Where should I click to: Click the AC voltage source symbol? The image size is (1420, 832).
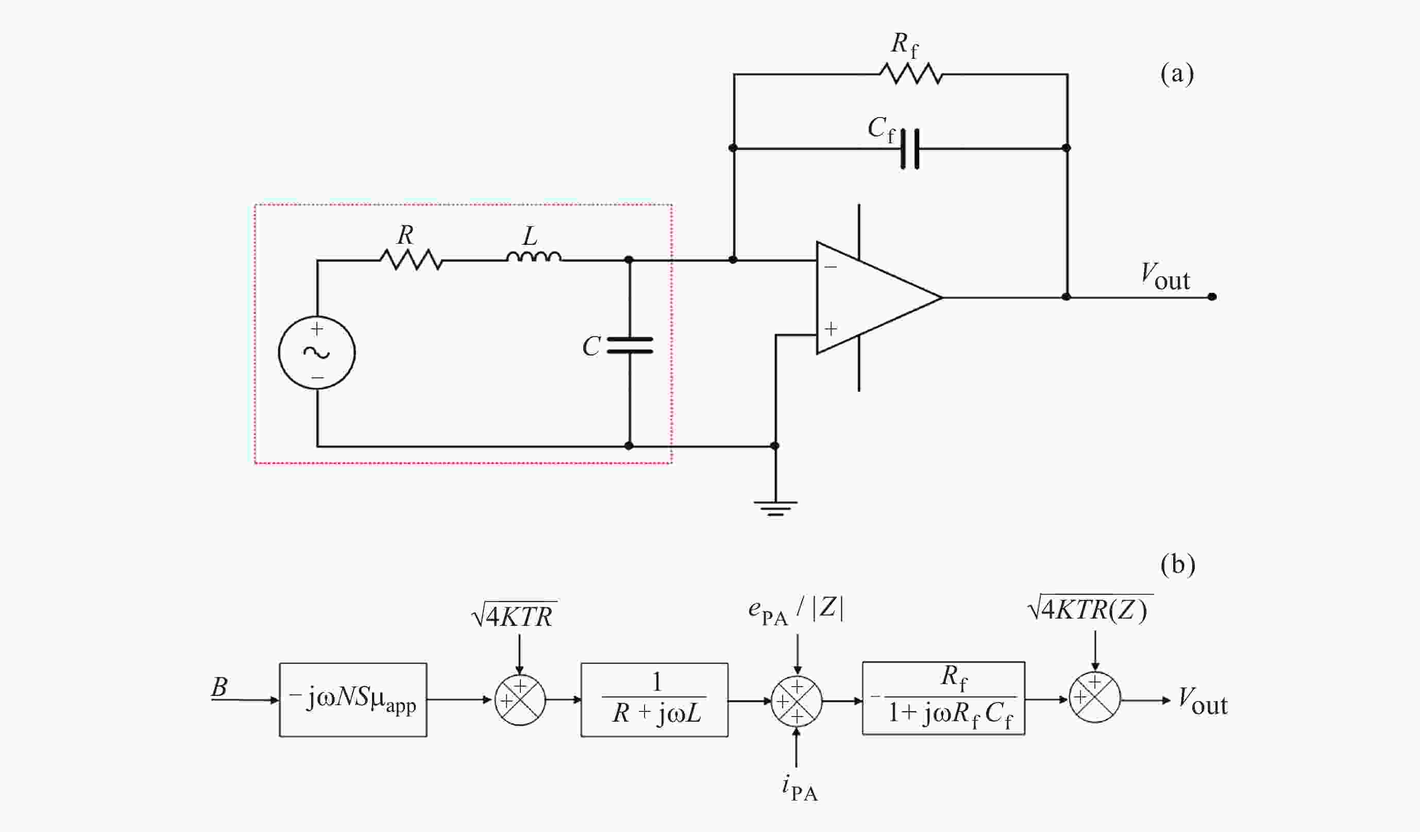(317, 352)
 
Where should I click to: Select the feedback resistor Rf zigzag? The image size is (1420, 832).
(910, 74)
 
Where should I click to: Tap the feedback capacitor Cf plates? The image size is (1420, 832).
(909, 149)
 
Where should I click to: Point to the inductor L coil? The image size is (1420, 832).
(534, 258)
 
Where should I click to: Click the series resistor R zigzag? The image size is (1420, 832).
(411, 259)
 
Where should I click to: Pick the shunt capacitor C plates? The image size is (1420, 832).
(630, 345)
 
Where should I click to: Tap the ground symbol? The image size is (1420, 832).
(775, 508)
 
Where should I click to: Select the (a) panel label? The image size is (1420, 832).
(1177, 74)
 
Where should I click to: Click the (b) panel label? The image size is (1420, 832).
(1178, 564)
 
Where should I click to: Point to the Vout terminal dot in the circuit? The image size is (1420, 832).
(1212, 296)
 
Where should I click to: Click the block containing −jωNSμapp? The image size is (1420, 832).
(353, 700)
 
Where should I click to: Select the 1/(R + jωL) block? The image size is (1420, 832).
(654, 700)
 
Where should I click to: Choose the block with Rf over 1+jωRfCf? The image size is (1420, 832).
(943, 698)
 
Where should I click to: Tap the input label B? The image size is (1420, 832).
(219, 687)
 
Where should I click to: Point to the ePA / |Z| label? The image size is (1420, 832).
(796, 610)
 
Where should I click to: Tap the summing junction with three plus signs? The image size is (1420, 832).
(796, 701)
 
